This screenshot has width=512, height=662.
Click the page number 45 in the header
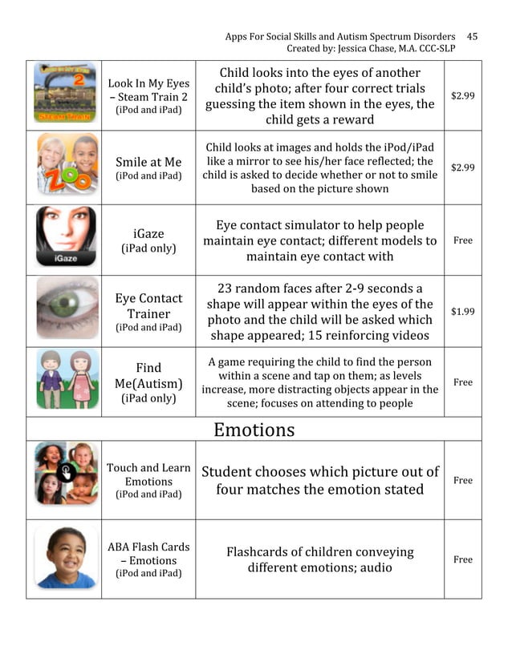click(472, 36)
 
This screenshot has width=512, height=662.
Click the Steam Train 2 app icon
click(64, 93)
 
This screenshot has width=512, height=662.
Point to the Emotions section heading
click(254, 430)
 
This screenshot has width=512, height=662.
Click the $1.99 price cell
click(462, 311)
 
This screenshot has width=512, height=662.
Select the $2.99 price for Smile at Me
click(462, 168)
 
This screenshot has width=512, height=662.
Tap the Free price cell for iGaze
click(462, 240)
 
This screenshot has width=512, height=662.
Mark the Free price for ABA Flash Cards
click(462, 559)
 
